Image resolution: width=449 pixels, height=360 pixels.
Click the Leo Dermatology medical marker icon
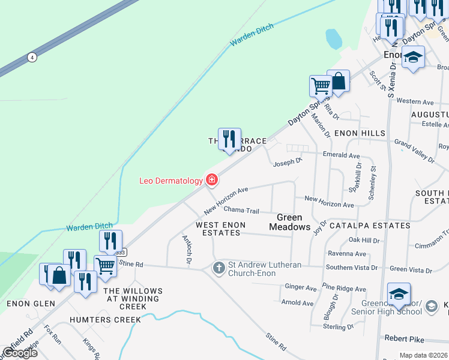211,179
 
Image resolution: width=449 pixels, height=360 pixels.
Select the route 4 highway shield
32,58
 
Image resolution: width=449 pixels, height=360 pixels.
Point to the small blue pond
333,40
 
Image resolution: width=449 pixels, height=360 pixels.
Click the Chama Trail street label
241,211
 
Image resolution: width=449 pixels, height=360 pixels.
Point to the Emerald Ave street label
341,155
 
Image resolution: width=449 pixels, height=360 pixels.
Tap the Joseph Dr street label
288,162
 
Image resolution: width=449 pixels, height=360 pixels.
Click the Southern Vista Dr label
352,267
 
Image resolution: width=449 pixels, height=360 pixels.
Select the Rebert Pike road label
405,338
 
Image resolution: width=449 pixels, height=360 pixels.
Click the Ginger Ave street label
301,288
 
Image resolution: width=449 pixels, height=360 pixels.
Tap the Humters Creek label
105,320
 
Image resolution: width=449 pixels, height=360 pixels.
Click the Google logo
19,353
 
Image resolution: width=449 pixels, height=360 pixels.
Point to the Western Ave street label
415,102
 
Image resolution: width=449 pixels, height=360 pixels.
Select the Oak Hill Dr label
364,241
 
